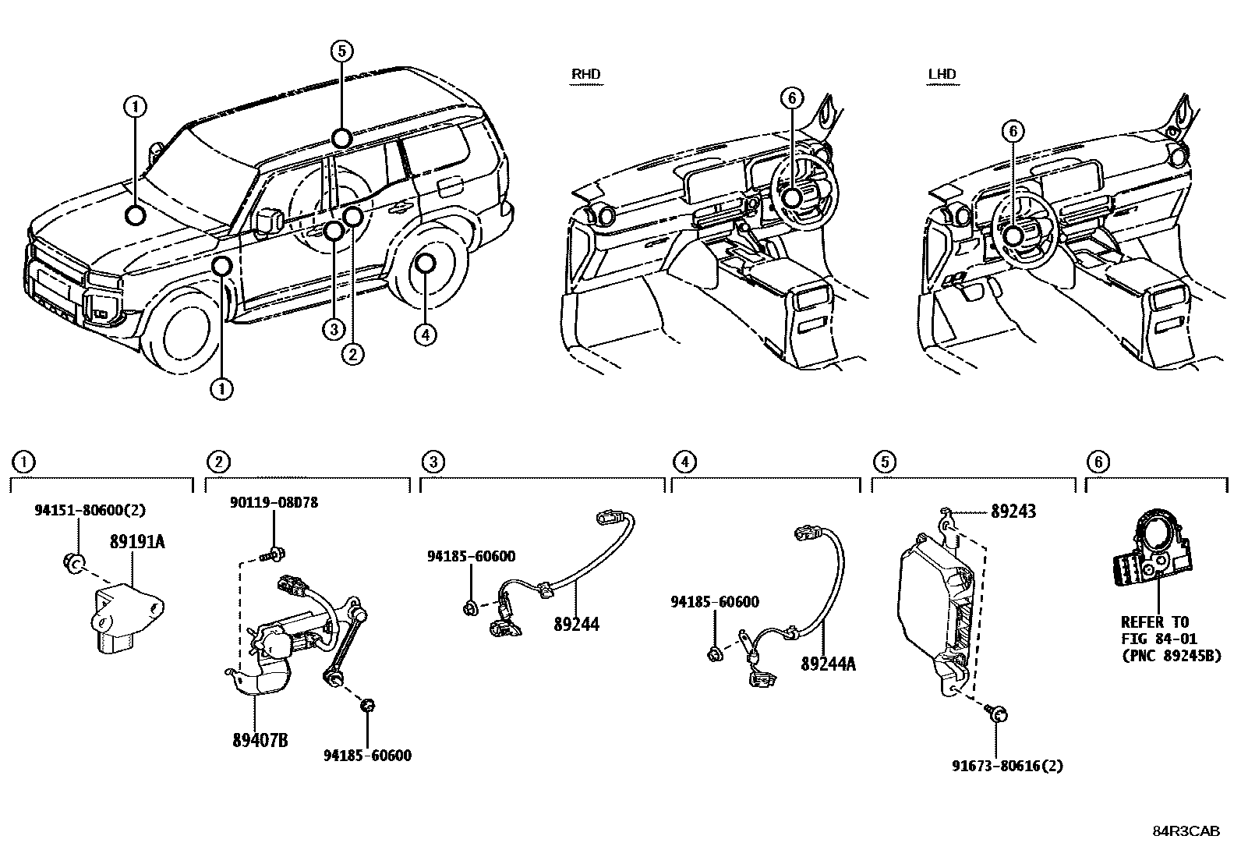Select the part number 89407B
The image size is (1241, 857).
260,739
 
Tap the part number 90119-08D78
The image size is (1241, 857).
274,503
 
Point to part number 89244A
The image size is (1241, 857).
828,664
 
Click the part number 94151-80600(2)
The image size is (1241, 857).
90,510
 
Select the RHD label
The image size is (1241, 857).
586,74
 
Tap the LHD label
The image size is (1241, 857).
942,74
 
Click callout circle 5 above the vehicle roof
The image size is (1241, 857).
341,51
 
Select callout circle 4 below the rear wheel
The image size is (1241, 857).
425,335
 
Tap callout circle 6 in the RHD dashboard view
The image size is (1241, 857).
790,98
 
